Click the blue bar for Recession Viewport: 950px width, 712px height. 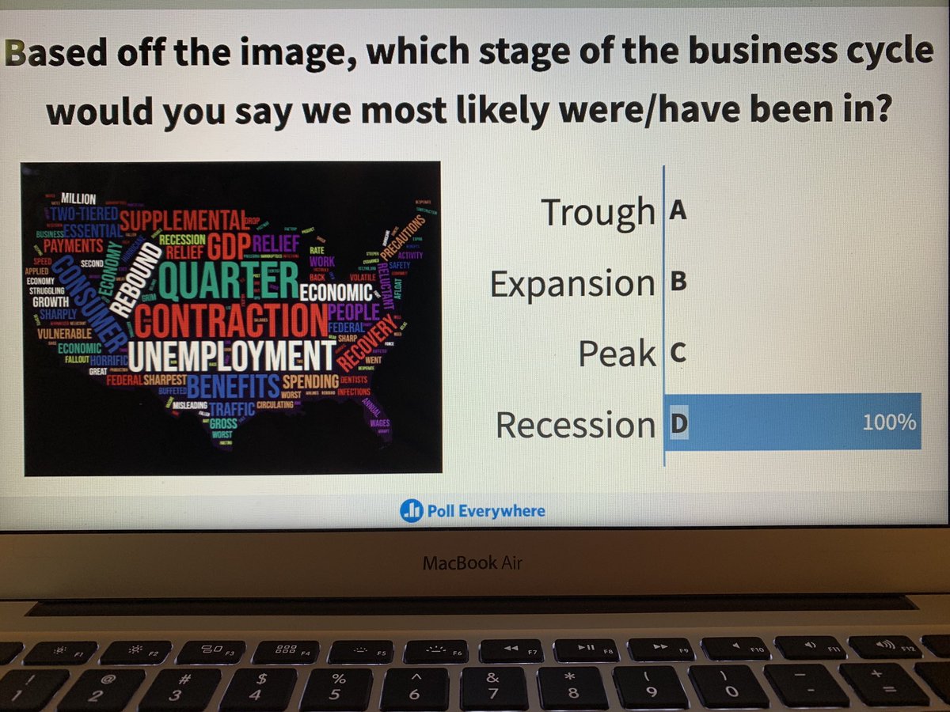coord(792,422)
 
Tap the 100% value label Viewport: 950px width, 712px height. coord(889,422)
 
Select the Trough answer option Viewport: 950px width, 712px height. coord(598,212)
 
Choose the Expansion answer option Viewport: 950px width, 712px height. coord(572,284)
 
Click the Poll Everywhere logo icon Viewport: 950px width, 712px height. coord(411,511)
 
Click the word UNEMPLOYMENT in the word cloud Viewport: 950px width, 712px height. coord(230,358)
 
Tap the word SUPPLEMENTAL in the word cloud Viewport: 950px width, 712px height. coord(182,218)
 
